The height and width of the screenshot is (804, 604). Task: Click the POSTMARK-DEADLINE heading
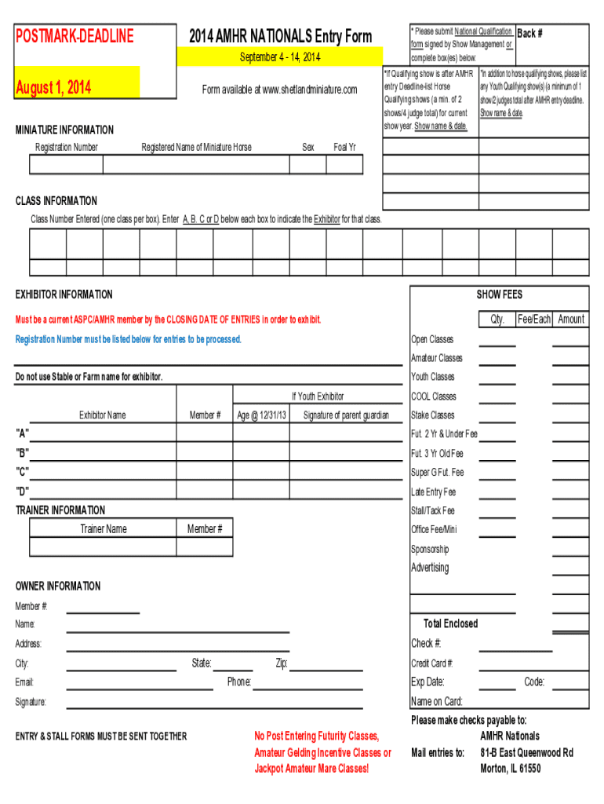(x=75, y=36)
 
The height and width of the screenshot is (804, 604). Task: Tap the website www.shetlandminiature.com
(x=279, y=90)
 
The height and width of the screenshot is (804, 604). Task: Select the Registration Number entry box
(x=66, y=164)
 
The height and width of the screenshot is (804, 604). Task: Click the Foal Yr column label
(x=344, y=147)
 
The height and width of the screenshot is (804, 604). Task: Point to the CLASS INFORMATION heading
(x=56, y=201)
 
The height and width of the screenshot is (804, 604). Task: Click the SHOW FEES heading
(x=499, y=294)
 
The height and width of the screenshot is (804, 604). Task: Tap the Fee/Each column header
(x=533, y=319)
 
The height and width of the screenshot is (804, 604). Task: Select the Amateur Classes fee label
(x=437, y=358)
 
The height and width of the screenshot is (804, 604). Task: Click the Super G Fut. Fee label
(x=438, y=473)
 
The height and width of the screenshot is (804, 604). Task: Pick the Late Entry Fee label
(x=433, y=492)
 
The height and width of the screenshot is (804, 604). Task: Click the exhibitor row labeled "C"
(x=23, y=472)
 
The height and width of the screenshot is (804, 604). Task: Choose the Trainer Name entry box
(x=103, y=547)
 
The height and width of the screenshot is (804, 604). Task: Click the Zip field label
(x=282, y=663)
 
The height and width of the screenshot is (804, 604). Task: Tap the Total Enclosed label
(x=450, y=623)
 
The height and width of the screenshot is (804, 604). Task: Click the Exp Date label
(x=428, y=682)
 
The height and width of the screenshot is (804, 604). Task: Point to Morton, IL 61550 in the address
(x=510, y=769)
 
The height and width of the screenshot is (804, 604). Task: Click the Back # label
(x=530, y=34)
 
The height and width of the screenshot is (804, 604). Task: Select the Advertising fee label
(x=430, y=568)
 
